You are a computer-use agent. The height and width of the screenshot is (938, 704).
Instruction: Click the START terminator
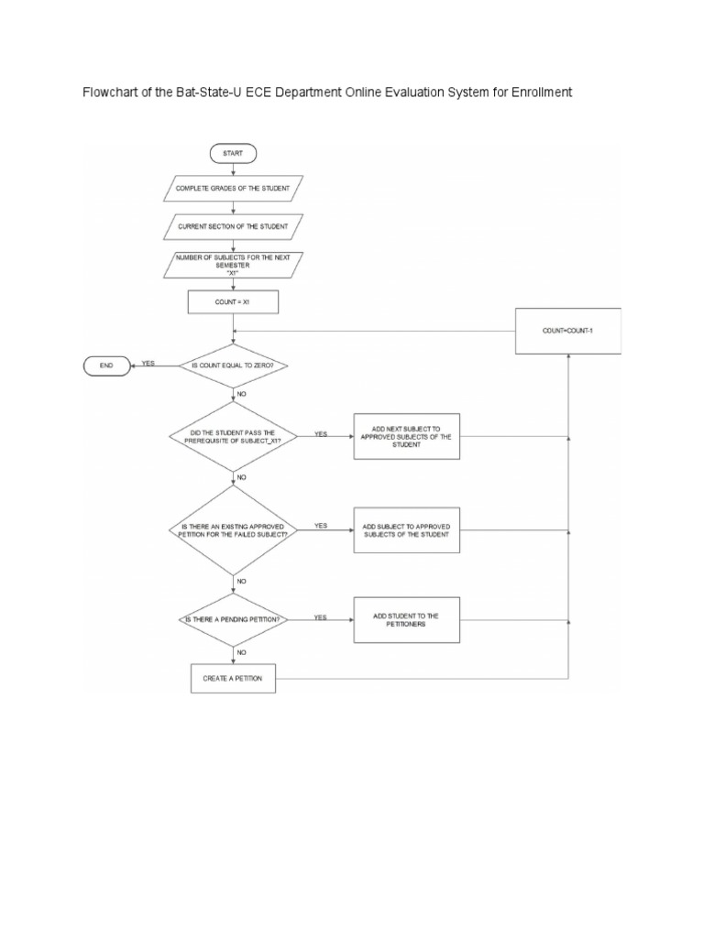pos(233,153)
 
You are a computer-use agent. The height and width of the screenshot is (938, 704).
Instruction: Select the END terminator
pos(107,366)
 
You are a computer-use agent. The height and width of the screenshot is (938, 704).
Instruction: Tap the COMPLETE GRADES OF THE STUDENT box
pos(233,191)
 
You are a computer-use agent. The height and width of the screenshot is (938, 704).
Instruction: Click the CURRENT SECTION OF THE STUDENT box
pos(233,225)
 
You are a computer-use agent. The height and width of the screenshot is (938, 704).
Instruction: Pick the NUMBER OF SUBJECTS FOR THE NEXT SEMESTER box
pos(233,264)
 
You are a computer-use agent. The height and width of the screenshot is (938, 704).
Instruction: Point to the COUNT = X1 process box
pos(233,301)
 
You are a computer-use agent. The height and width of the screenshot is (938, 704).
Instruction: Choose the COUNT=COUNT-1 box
pos(568,330)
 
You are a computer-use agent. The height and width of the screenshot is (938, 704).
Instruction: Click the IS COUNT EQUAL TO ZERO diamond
pos(233,366)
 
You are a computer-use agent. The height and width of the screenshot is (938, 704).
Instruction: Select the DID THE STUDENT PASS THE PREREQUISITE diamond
pos(233,438)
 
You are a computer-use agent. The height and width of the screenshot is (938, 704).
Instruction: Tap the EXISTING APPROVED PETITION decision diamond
pos(233,529)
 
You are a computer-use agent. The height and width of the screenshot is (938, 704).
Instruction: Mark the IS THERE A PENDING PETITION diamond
pos(233,620)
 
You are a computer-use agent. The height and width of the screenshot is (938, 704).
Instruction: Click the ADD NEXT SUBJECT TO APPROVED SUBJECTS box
pos(406,437)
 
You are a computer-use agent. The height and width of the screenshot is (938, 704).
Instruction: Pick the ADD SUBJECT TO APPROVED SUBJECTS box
pos(406,529)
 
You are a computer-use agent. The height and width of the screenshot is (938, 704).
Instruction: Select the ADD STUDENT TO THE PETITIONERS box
pos(406,620)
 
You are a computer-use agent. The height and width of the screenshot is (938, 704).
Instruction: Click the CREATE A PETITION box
pos(233,679)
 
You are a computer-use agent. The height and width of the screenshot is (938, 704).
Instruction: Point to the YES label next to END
pos(148,364)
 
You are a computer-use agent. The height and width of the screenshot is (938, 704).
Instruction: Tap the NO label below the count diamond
pos(242,393)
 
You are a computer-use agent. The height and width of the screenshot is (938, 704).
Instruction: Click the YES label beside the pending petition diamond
pos(320,617)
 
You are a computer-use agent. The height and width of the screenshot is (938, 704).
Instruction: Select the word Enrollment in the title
pos(537,93)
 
